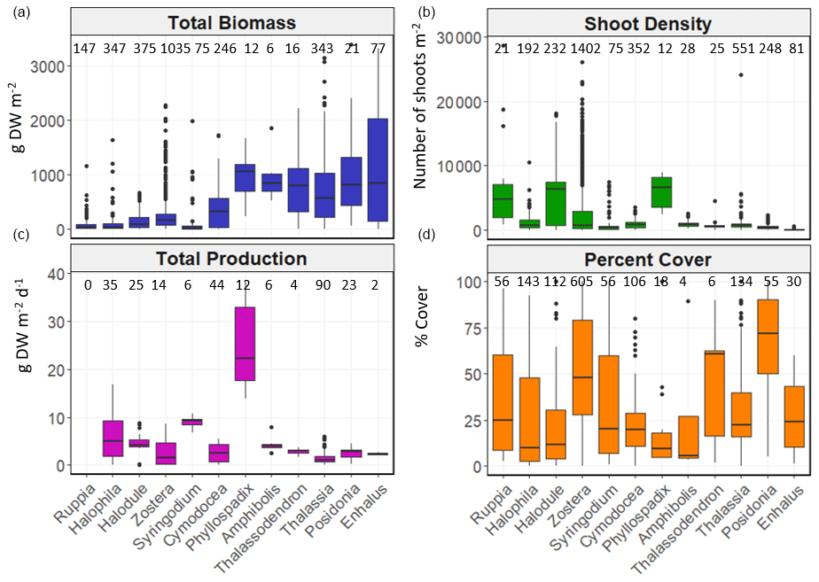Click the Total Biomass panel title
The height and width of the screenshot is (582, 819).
pyautogui.click(x=231, y=22)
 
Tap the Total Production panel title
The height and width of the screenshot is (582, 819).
pyautogui.click(x=231, y=259)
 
